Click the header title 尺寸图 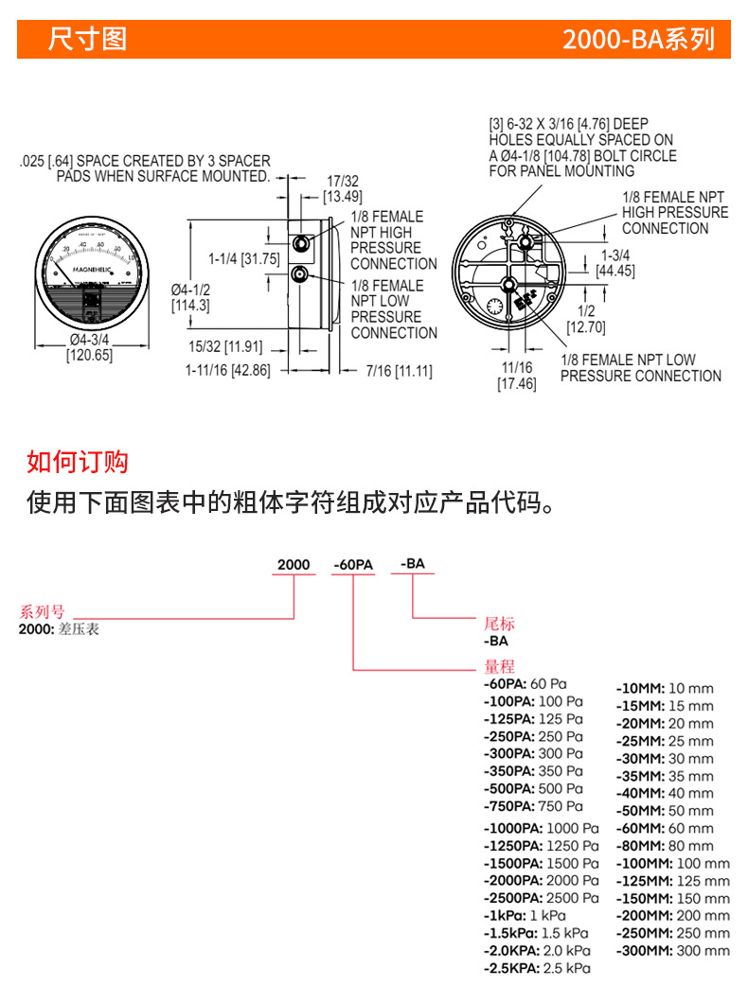click(x=88, y=40)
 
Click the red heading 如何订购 click(x=78, y=462)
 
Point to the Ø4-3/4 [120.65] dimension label click(x=89, y=348)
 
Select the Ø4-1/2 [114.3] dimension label click(x=190, y=297)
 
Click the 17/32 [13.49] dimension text click(x=342, y=188)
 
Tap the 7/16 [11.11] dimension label click(x=399, y=371)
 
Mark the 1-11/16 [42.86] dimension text click(x=227, y=371)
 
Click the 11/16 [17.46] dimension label click(x=517, y=375)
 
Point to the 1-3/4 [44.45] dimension click(x=615, y=263)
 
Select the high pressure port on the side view click(x=300, y=243)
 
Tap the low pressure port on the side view click(x=300, y=276)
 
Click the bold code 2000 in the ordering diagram click(x=294, y=565)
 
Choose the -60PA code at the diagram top click(x=353, y=565)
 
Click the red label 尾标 click(x=499, y=624)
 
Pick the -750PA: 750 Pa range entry click(x=533, y=806)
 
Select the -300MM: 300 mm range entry click(x=673, y=950)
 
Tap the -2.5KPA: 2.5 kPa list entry click(x=537, y=968)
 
